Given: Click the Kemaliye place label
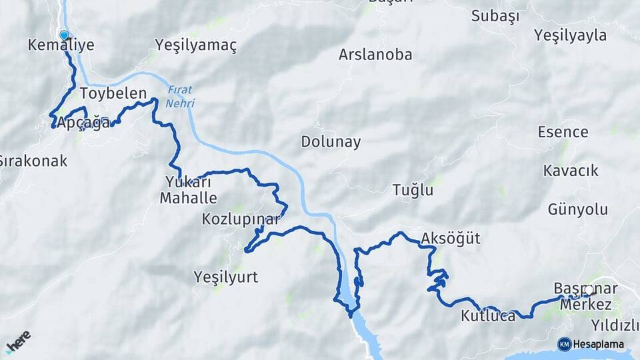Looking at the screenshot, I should [61, 45].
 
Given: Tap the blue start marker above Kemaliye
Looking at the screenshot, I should [64, 35].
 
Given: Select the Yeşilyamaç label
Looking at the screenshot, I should [196, 45].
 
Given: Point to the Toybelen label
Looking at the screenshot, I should [113, 93].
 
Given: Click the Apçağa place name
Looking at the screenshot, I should [83, 123].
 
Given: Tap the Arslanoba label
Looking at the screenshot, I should [375, 55].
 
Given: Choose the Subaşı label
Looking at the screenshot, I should [495, 17].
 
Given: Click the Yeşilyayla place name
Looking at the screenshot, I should [570, 35].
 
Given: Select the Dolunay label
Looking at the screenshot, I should [331, 142].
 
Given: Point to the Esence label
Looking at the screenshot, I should [563, 131].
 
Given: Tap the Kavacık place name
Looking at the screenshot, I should [571, 171].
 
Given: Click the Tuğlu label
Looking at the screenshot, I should [413, 190].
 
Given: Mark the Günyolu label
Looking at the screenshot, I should [578, 209].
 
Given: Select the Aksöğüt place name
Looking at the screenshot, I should [451, 238].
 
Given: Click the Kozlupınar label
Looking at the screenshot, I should [241, 219].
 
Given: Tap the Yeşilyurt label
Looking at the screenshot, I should [225, 276].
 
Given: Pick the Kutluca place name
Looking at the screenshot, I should [488, 316].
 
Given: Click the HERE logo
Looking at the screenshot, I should [18, 342].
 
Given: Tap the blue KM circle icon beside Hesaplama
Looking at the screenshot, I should [564, 344].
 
